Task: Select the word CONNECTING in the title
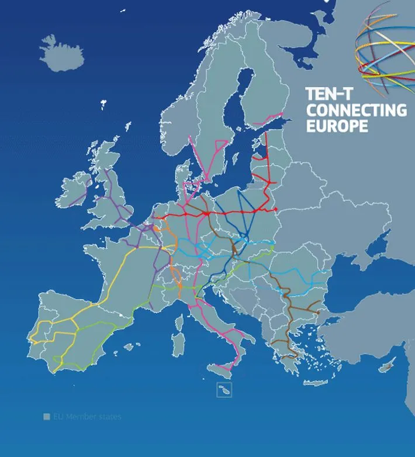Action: [357, 110]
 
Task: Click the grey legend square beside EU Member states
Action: [47, 417]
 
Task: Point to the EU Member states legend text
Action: [87, 417]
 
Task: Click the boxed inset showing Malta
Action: [224, 390]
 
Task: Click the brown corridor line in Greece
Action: [287, 339]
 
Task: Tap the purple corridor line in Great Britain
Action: [117, 199]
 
